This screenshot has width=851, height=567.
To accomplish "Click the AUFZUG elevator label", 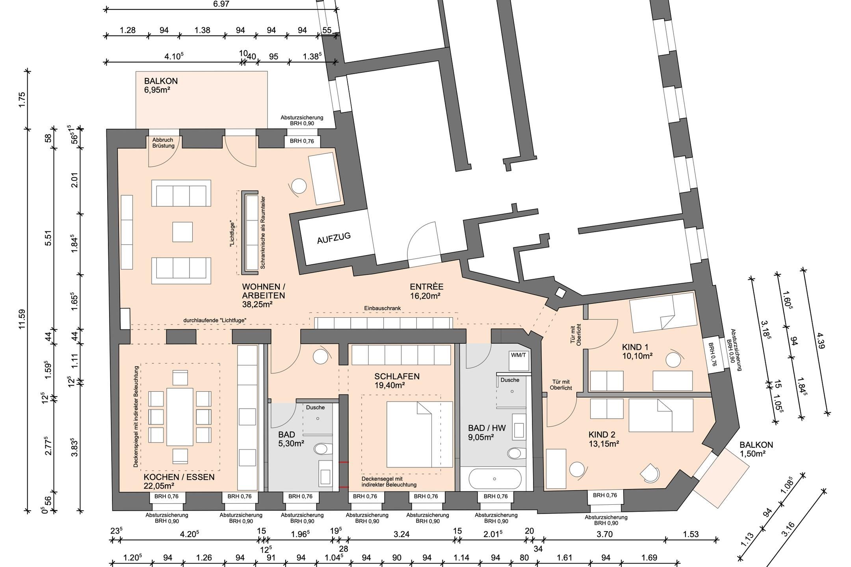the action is [334, 238].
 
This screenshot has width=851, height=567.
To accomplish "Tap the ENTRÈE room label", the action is [426, 287].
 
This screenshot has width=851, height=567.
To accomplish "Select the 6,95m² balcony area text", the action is [157, 90].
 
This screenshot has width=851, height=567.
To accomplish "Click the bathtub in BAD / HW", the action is [495, 479].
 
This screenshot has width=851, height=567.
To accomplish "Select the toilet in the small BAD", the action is [324, 450].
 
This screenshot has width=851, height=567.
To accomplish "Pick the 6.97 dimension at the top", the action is [221, 4].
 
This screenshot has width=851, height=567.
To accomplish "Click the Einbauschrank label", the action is [382, 308].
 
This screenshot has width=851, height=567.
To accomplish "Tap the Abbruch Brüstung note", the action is [164, 143].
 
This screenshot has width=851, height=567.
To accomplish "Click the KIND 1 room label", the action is [635, 347].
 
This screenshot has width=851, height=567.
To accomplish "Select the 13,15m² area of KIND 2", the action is [604, 444].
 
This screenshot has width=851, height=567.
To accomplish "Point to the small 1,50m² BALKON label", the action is [756, 449].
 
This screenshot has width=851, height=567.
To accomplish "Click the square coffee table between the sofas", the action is [182, 232].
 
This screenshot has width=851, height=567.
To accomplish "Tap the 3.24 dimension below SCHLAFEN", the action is [401, 534].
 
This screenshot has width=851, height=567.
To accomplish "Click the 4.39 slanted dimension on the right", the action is [821, 341].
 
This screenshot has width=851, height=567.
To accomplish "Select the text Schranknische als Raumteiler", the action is [263, 232].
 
